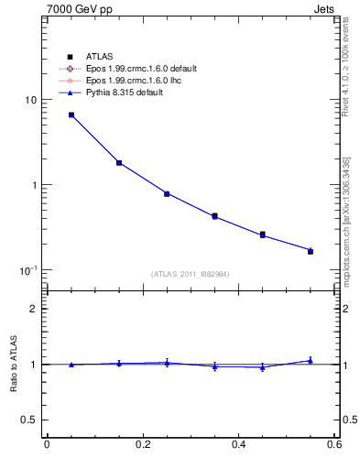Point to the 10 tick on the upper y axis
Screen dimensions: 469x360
31,100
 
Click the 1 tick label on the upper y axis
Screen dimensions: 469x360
34,185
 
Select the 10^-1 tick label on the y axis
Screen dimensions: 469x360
29,270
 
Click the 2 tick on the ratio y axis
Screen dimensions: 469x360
34,309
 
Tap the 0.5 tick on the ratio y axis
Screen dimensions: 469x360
29,420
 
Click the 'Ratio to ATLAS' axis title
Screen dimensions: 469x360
12,364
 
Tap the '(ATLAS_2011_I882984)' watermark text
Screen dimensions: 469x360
191,274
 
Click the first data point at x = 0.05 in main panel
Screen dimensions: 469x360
71,115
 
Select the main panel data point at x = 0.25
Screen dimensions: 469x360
167,193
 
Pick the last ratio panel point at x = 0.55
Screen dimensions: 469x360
311,361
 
